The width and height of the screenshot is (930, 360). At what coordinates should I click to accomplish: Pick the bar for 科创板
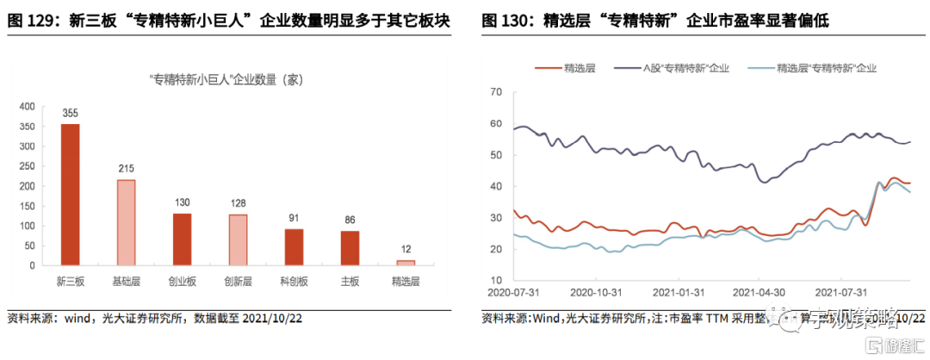(294, 246)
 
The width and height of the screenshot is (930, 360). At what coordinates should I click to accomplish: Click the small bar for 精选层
(405, 262)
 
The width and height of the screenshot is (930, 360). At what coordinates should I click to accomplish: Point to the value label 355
(70, 113)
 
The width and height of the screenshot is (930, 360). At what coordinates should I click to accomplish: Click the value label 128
(238, 203)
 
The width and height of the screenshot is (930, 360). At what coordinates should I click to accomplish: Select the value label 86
(349, 220)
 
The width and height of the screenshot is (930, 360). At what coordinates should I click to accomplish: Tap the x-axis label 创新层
(238, 281)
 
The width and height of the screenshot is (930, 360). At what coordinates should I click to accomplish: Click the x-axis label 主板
(349, 281)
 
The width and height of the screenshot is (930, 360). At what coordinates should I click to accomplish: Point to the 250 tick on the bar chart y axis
(28, 165)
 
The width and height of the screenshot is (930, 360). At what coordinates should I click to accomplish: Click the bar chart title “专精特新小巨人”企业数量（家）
(226, 79)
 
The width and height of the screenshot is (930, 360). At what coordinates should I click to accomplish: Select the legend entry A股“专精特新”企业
(685, 67)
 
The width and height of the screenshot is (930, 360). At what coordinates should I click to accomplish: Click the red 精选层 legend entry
(572, 67)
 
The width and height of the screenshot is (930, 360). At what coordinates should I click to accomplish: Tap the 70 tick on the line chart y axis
(497, 92)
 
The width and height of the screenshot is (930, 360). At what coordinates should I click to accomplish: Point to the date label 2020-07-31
(513, 293)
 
